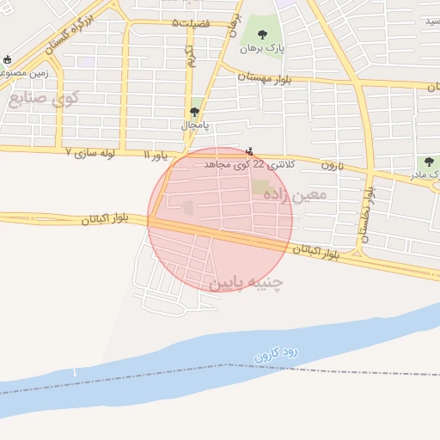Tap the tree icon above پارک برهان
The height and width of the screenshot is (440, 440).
click(x=263, y=34)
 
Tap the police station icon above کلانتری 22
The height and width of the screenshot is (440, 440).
click(x=250, y=150)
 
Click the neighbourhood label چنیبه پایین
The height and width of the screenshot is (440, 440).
click(x=245, y=281)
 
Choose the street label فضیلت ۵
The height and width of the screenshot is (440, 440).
click(x=190, y=21)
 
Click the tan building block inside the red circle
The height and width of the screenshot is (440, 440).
click(x=260, y=186)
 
